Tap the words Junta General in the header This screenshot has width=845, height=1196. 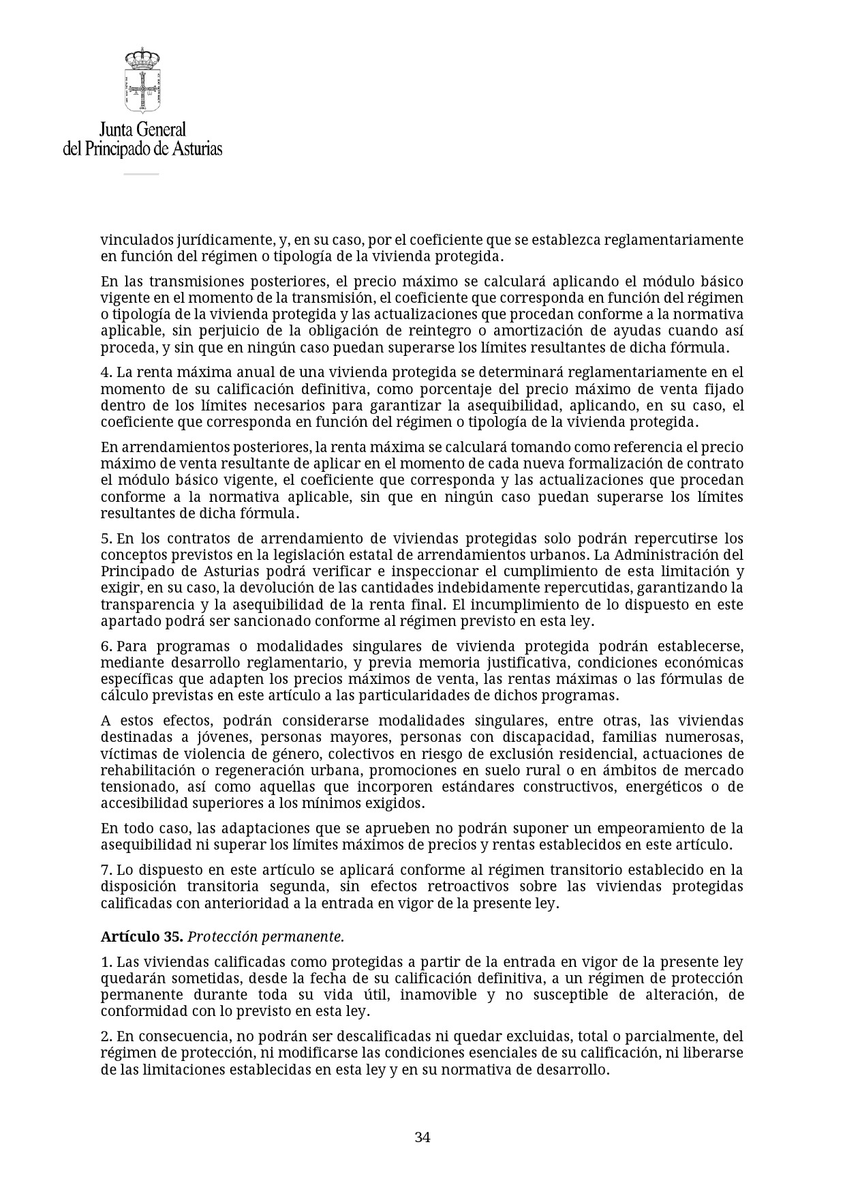(x=142, y=129)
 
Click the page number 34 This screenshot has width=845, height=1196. (x=422, y=1137)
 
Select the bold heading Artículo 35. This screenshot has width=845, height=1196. (x=142, y=936)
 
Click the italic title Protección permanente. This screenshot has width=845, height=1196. (x=266, y=936)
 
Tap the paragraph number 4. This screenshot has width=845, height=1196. (x=106, y=373)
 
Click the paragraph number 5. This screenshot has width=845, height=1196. (x=106, y=539)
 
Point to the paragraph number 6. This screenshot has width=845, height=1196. (x=106, y=646)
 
